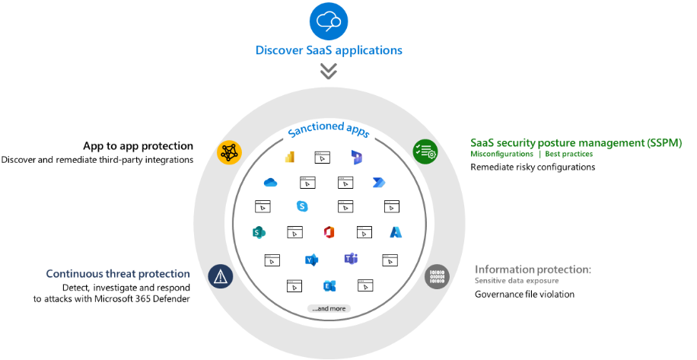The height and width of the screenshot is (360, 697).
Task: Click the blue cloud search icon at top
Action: pos(329,21)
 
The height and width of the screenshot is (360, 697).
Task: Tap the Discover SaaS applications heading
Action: pos(329,50)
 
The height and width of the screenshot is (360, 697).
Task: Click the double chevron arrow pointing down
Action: pos(329,71)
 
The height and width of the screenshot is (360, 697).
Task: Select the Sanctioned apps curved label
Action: pos(329,130)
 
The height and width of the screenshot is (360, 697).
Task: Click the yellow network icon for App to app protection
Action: pos(229,152)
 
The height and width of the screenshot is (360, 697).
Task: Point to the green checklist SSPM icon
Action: pos(425,152)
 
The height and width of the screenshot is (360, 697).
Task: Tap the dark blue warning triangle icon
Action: pos(221,276)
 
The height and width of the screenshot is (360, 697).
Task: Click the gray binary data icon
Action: pos(437,276)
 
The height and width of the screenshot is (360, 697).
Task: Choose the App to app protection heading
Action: pos(138,146)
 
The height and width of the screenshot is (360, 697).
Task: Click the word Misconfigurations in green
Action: pos(502,154)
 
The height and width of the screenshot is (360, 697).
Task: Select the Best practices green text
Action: pos(569,154)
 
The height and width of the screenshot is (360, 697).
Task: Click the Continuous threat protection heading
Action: pos(118,274)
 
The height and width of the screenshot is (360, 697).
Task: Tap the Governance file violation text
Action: pos(524,295)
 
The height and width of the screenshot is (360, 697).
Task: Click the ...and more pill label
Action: pos(329,308)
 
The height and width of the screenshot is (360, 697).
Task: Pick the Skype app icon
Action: pos(302,206)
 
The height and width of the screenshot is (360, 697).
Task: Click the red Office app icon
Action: pos(329,232)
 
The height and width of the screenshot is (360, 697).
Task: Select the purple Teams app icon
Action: pos(352,259)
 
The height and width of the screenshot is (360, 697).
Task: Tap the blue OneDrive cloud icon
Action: pos(270,182)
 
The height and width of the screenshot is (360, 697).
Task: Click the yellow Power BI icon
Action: pos(290,157)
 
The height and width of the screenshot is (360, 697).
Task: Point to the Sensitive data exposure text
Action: pos(517,281)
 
